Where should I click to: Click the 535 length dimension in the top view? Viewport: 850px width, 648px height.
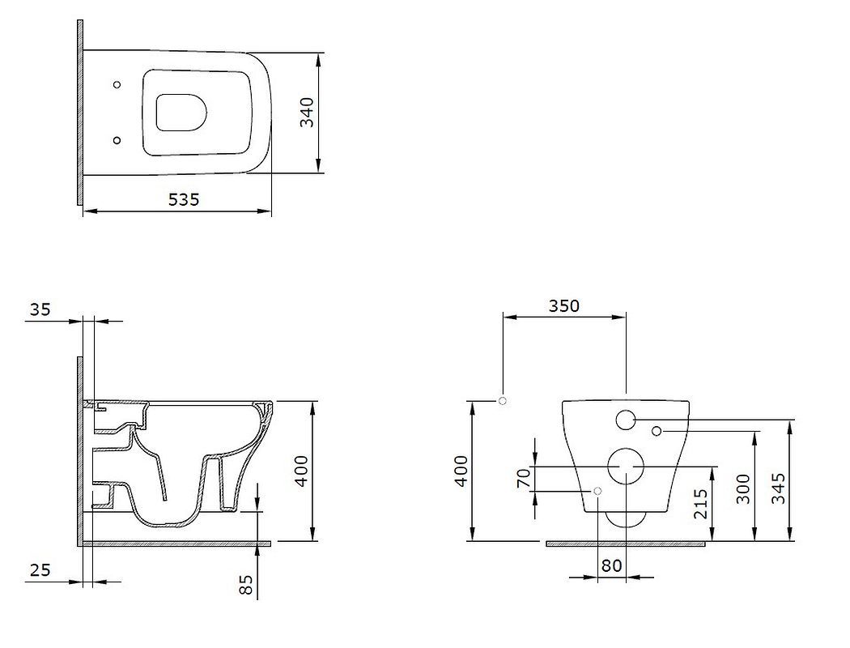(184, 200)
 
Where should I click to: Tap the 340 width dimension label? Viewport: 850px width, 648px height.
(307, 113)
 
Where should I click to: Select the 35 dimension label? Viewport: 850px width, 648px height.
(40, 309)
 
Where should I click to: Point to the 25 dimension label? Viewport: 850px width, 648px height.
(40, 570)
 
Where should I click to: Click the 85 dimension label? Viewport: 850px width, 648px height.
(246, 585)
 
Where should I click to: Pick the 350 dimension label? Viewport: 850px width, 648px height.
(563, 306)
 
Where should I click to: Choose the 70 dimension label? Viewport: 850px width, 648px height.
(524, 478)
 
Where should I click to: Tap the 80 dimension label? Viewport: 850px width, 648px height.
(611, 565)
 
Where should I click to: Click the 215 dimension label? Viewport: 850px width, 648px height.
(700, 504)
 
